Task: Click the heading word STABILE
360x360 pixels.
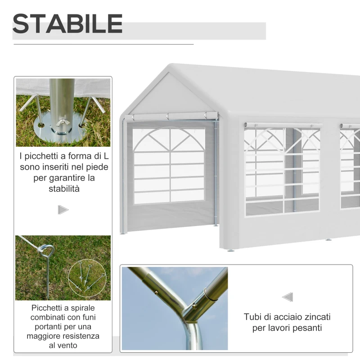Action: point(67,24)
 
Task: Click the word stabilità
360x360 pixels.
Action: point(64,189)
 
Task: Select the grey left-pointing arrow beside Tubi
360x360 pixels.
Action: point(288,297)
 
